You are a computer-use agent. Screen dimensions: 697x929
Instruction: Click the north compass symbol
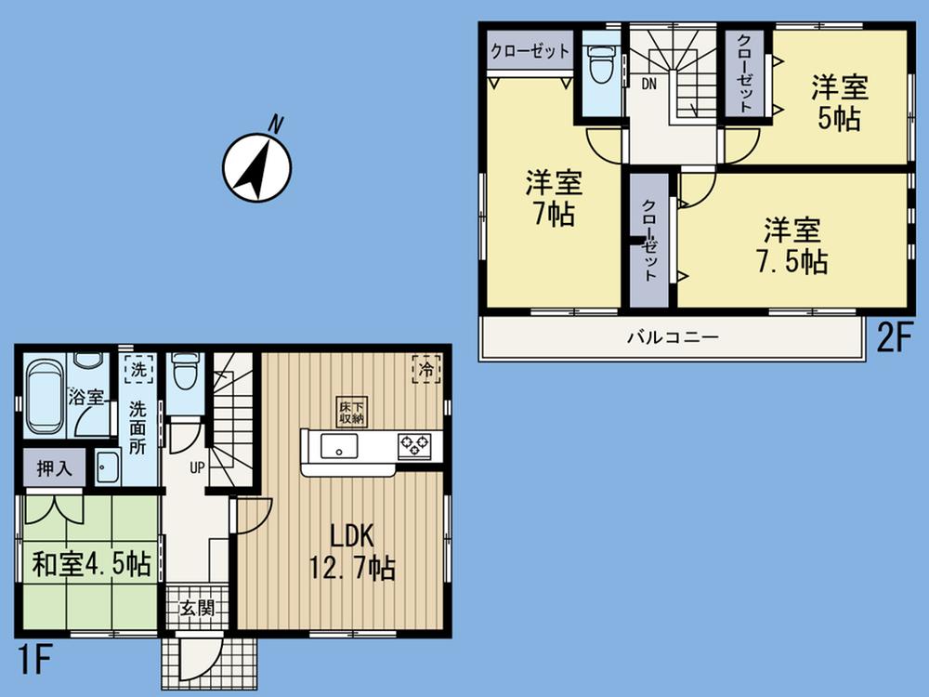[x=256, y=167]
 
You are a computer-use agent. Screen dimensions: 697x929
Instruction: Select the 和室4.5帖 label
[x=91, y=564]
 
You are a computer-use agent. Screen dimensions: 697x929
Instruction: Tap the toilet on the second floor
[x=602, y=64]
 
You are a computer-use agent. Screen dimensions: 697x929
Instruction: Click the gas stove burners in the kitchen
[x=414, y=446]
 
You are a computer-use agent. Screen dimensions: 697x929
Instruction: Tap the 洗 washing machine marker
[x=137, y=368]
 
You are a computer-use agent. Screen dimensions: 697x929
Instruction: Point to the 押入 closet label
[x=54, y=468]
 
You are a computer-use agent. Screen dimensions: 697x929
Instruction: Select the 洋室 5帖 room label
[x=840, y=103]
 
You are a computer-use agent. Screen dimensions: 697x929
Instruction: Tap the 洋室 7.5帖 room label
[x=792, y=245]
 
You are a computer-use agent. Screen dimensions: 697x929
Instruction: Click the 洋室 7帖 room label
[x=553, y=196]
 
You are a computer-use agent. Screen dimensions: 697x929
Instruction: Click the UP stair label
[x=197, y=467]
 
